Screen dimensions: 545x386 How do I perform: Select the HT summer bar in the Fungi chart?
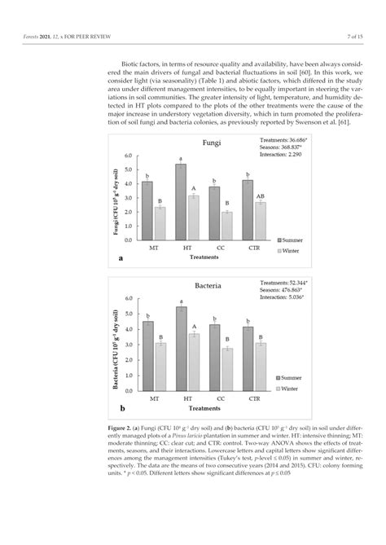point(181,202)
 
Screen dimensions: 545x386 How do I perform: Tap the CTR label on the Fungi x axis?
point(253,246)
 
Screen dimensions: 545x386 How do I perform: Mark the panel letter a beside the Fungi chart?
point(121,257)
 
